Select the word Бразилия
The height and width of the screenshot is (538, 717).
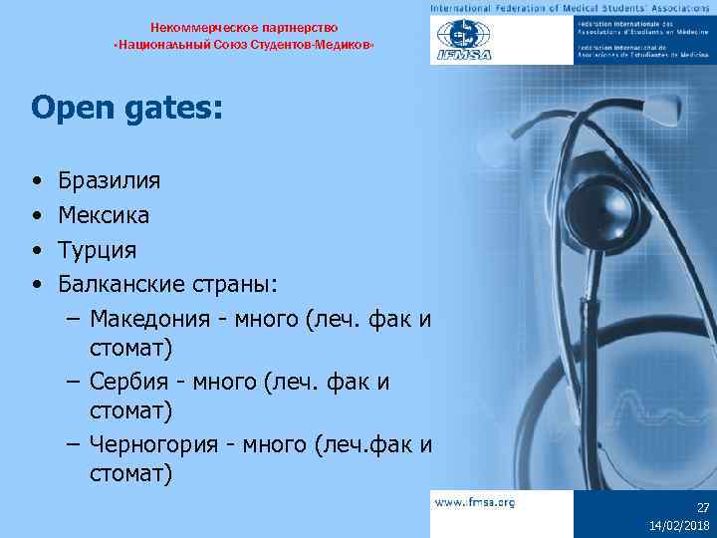110,181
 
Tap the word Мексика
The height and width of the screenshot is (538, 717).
104,215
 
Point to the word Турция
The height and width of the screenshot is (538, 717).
98,249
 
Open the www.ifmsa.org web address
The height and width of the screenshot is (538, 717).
475,502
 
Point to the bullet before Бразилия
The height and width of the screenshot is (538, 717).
36,182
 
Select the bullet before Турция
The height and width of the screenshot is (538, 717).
36,250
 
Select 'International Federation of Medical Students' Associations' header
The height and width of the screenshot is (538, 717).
572,8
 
